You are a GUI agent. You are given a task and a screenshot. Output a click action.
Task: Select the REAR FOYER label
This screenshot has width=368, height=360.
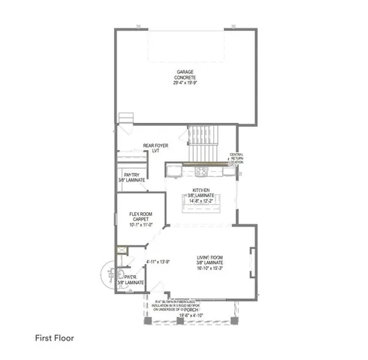154,146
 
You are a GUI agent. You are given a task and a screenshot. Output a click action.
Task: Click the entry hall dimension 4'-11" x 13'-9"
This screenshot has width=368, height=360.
158,262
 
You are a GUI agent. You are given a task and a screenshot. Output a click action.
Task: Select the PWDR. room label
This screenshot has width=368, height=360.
132,277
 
